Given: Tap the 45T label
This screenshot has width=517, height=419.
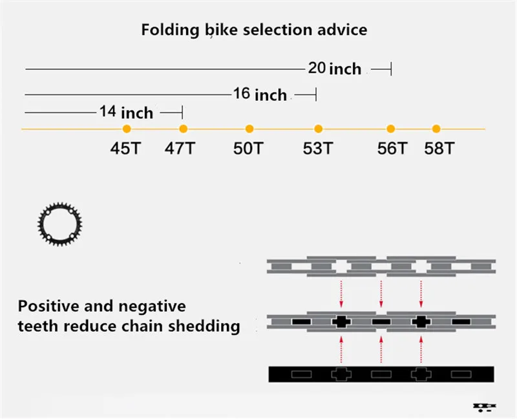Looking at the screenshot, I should point(125,148).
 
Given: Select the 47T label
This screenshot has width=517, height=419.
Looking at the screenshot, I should point(180,148).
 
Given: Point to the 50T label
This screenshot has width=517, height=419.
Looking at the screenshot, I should point(249,148).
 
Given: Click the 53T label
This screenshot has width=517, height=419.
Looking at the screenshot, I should point(318,148).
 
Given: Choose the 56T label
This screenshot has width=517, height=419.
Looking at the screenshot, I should point(392,148).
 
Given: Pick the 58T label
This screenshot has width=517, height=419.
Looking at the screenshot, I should point(439,148).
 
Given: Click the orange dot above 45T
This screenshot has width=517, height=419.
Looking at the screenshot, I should point(127,129).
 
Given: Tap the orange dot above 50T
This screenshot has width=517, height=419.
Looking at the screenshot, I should point(249,129).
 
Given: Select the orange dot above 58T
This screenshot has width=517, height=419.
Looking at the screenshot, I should point(436,129).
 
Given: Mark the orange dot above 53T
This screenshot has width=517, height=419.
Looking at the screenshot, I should point(318,129).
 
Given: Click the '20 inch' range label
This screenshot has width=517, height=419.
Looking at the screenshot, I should point(334,68).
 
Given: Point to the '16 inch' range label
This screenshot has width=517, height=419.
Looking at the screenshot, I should point(260,94).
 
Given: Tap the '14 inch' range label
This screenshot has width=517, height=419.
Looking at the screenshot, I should point(127,113).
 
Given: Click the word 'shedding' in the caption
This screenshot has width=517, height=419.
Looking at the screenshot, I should point(203,325).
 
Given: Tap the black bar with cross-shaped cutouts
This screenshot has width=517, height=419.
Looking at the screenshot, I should point(381,374).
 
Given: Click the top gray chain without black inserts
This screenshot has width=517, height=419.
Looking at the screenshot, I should point(381,265).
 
